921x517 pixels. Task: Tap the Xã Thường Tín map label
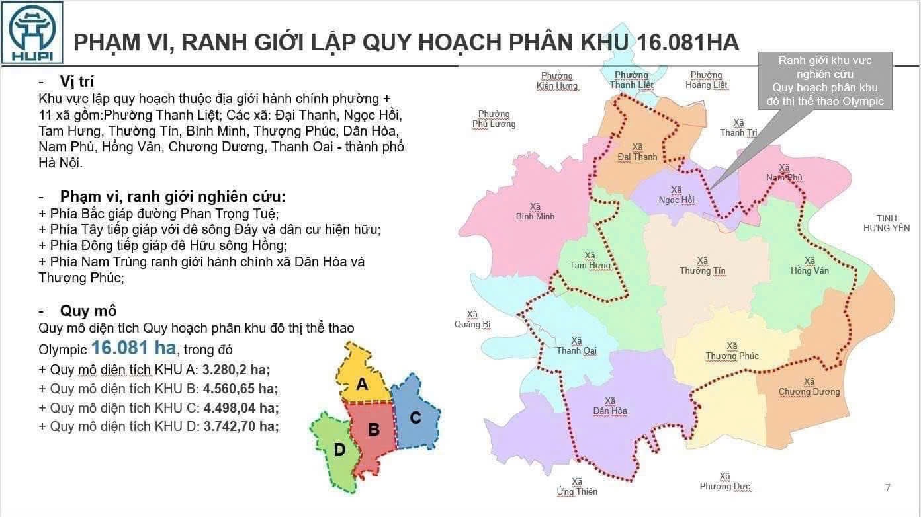pyautogui.click(x=702, y=266)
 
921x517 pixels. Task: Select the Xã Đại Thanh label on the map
pyautogui.click(x=637, y=152)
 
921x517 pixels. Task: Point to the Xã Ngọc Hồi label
pyautogui.click(x=676, y=195)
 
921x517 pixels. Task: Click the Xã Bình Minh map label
pyautogui.click(x=535, y=212)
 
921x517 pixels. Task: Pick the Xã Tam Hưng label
pyautogui.click(x=590, y=260)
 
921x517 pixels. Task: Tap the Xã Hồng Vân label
pyautogui.click(x=809, y=266)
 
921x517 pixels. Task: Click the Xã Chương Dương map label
pyautogui.click(x=809, y=387)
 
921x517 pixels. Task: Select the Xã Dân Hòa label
pyautogui.click(x=610, y=406)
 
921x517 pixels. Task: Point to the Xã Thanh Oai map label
pyautogui.click(x=576, y=346)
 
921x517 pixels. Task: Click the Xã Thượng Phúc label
pyautogui.click(x=732, y=351)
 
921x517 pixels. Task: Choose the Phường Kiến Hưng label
pyautogui.click(x=557, y=81)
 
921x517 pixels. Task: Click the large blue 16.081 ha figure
pyautogui.click(x=134, y=348)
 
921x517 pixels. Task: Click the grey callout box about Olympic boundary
pyautogui.click(x=825, y=81)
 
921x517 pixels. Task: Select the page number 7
pyautogui.click(x=887, y=488)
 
